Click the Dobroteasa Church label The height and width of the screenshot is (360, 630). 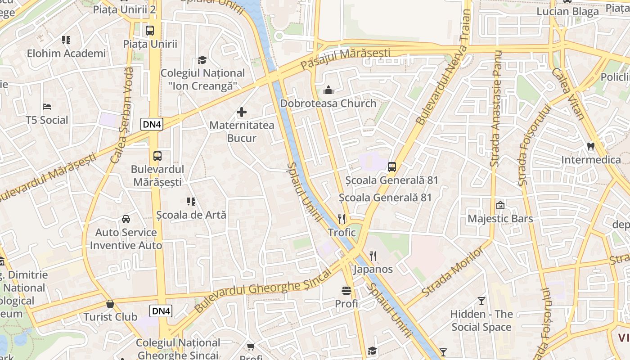(x=328, y=103)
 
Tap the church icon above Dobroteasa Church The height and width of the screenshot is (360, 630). (x=328, y=90)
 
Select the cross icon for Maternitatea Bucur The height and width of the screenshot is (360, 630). (x=242, y=112)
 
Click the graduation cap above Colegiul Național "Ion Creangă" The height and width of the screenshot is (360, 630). (x=202, y=60)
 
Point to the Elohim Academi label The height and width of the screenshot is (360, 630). (x=66, y=54)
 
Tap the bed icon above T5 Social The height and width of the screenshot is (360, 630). (x=47, y=107)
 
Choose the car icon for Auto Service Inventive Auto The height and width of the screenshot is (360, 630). (x=126, y=219)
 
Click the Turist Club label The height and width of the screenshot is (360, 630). (x=110, y=317)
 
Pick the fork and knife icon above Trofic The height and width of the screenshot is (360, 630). (x=342, y=219)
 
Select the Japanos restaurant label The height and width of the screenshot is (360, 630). (x=373, y=270)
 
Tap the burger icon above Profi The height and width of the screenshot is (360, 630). (x=346, y=290)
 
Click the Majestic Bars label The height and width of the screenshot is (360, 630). (x=500, y=219)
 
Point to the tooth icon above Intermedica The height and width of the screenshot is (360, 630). (x=591, y=146)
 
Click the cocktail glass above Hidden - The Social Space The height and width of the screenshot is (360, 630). (x=481, y=301)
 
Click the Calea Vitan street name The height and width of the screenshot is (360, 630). (x=568, y=94)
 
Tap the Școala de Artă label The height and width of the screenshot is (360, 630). (x=191, y=215)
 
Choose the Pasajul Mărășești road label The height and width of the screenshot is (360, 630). (x=345, y=58)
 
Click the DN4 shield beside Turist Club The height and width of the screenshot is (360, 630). (x=161, y=311)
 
